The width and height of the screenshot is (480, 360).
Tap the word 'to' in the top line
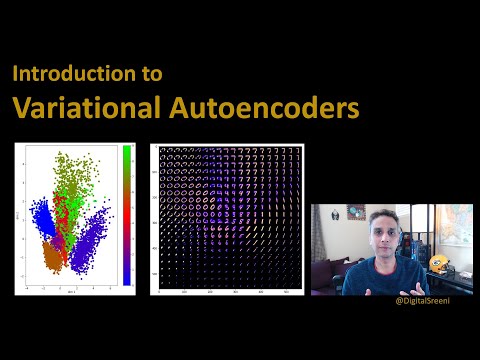point(151,74)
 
